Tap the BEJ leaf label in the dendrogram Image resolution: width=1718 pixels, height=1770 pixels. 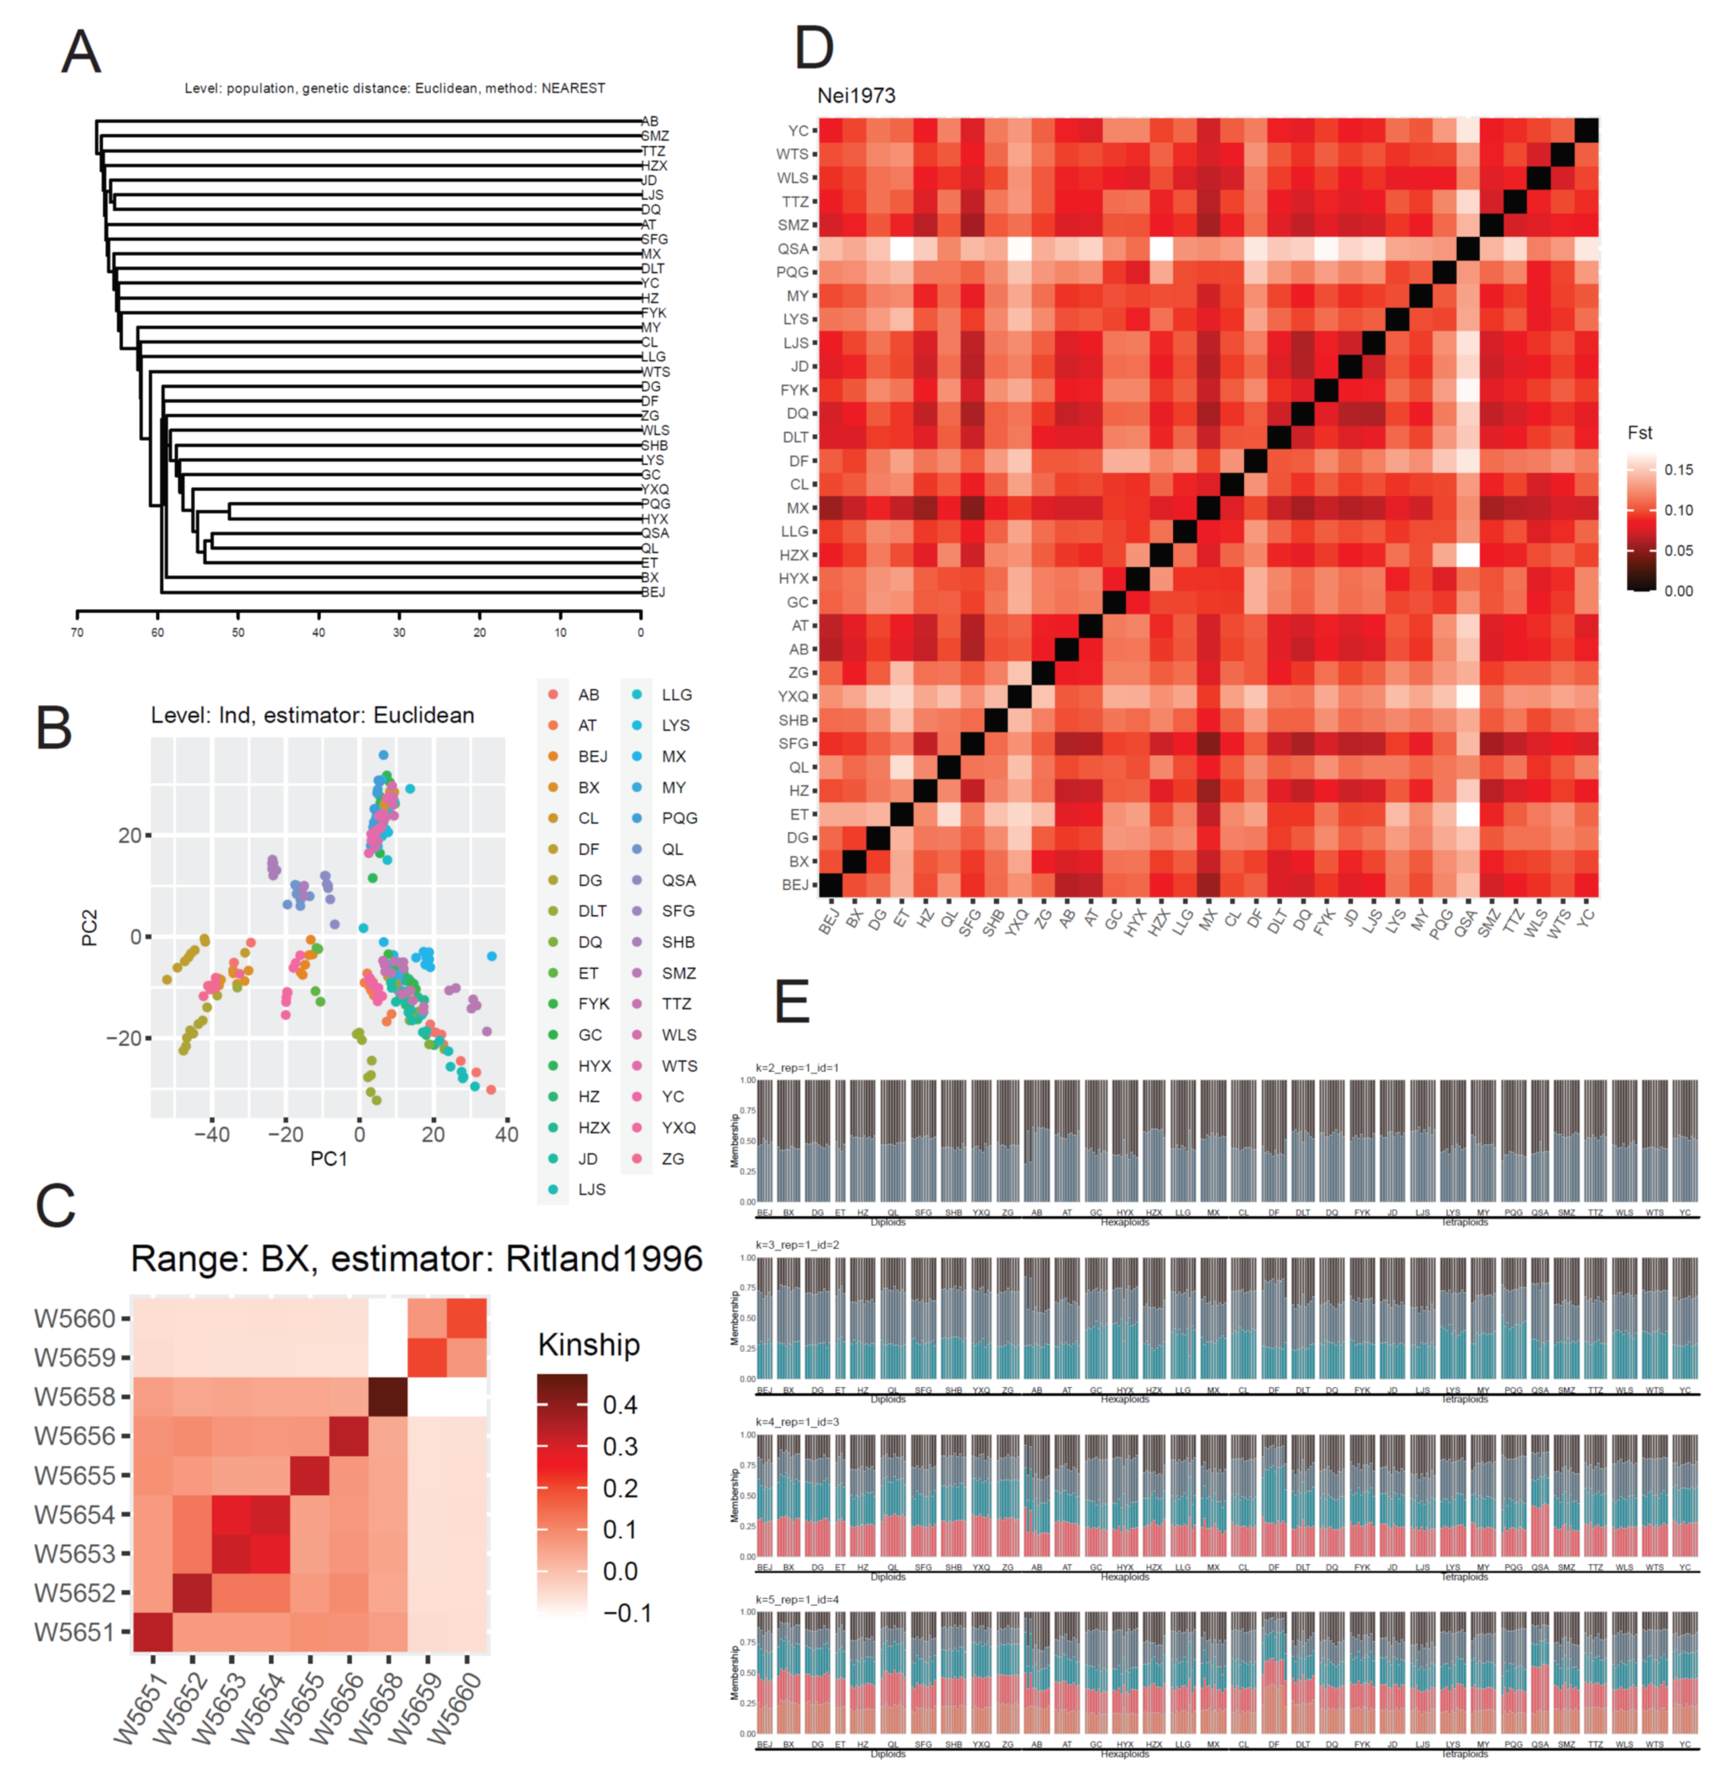(x=653, y=593)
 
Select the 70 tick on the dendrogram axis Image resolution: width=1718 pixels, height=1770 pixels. (x=78, y=632)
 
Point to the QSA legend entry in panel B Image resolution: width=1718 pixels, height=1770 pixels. (x=678, y=881)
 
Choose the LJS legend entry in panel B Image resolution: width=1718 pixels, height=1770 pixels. (x=592, y=1189)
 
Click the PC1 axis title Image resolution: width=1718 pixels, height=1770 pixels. (x=329, y=1159)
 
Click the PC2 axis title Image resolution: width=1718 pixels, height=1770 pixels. (x=90, y=928)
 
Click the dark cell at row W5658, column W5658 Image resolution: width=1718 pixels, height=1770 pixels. (x=389, y=1397)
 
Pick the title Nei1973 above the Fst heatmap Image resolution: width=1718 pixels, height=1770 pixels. (x=856, y=96)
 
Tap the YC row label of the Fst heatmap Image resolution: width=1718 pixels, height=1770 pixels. (x=797, y=131)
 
